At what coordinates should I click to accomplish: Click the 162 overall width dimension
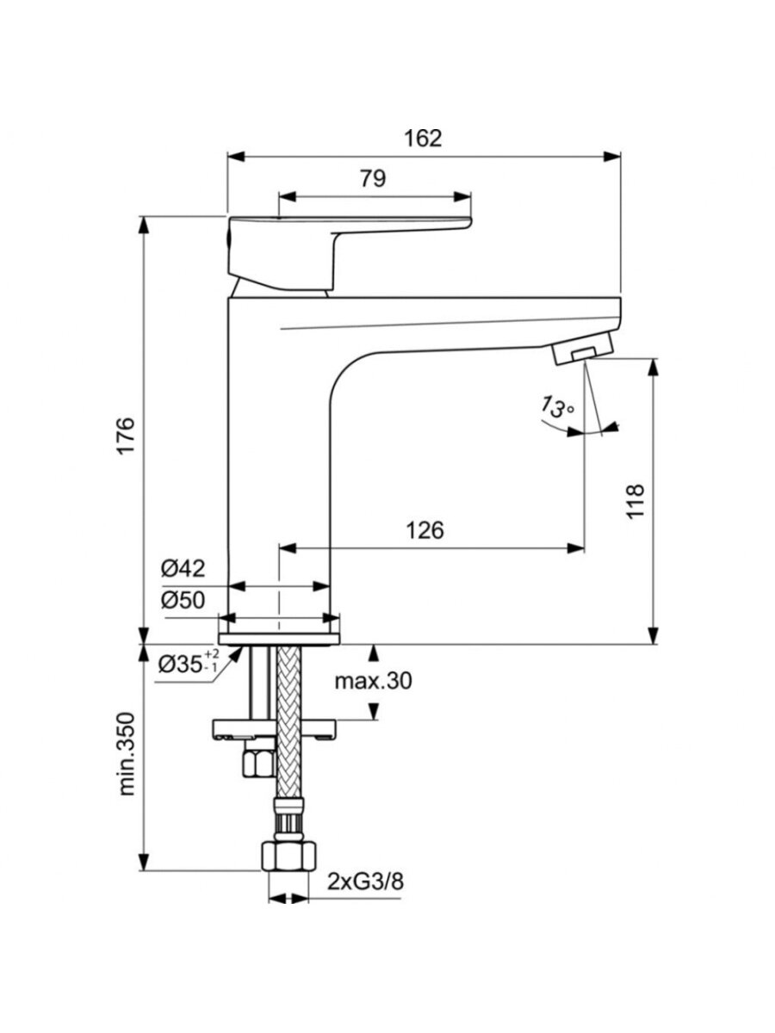[x=423, y=139]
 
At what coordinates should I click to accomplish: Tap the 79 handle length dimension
[x=373, y=179]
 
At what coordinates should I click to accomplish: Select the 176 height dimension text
[x=127, y=435]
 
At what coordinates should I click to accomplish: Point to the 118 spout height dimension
[x=635, y=501]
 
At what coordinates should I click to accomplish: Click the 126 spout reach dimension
[x=425, y=531]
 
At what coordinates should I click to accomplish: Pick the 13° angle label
[x=557, y=406]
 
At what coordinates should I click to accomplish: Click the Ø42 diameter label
[x=183, y=569]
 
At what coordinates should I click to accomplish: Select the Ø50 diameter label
[x=183, y=600]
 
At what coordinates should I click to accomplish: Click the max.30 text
[x=373, y=681]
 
